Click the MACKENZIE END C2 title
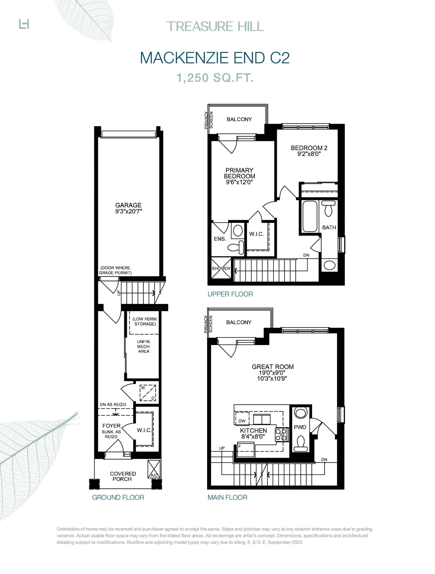[215, 58]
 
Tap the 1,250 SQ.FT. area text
[215, 78]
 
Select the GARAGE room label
[128, 205]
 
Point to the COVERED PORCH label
[123, 476]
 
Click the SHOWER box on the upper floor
[221, 268]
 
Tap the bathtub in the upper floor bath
[310, 216]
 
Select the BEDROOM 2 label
[309, 148]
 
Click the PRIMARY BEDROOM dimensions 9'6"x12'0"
[239, 182]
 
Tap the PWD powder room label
[300, 427]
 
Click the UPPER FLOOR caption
[230, 294]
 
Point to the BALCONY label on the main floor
[239, 322]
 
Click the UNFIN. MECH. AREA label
[144, 346]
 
